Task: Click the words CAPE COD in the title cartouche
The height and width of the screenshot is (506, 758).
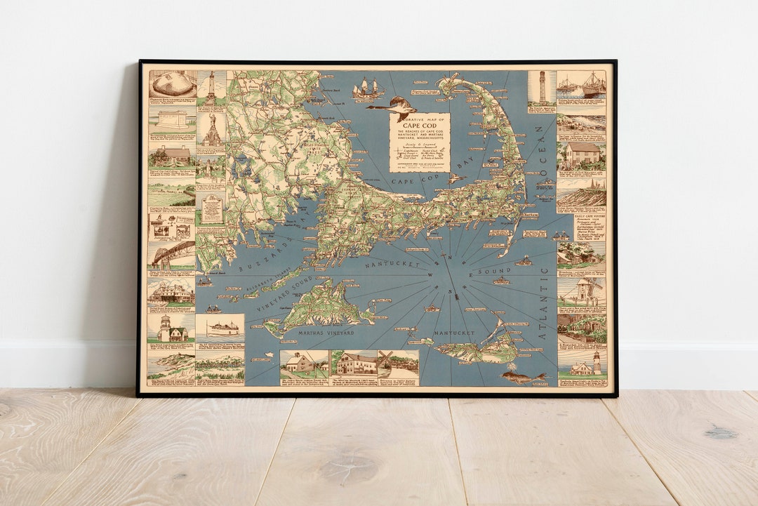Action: tap(420, 126)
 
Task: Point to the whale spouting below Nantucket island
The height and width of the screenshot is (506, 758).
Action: tap(523, 377)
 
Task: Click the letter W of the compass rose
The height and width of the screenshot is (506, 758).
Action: tap(430, 276)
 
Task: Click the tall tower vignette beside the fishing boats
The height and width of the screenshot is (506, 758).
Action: tap(542, 89)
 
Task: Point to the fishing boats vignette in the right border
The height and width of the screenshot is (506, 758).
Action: tap(582, 84)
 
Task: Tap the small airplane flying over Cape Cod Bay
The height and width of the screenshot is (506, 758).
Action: tap(456, 178)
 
